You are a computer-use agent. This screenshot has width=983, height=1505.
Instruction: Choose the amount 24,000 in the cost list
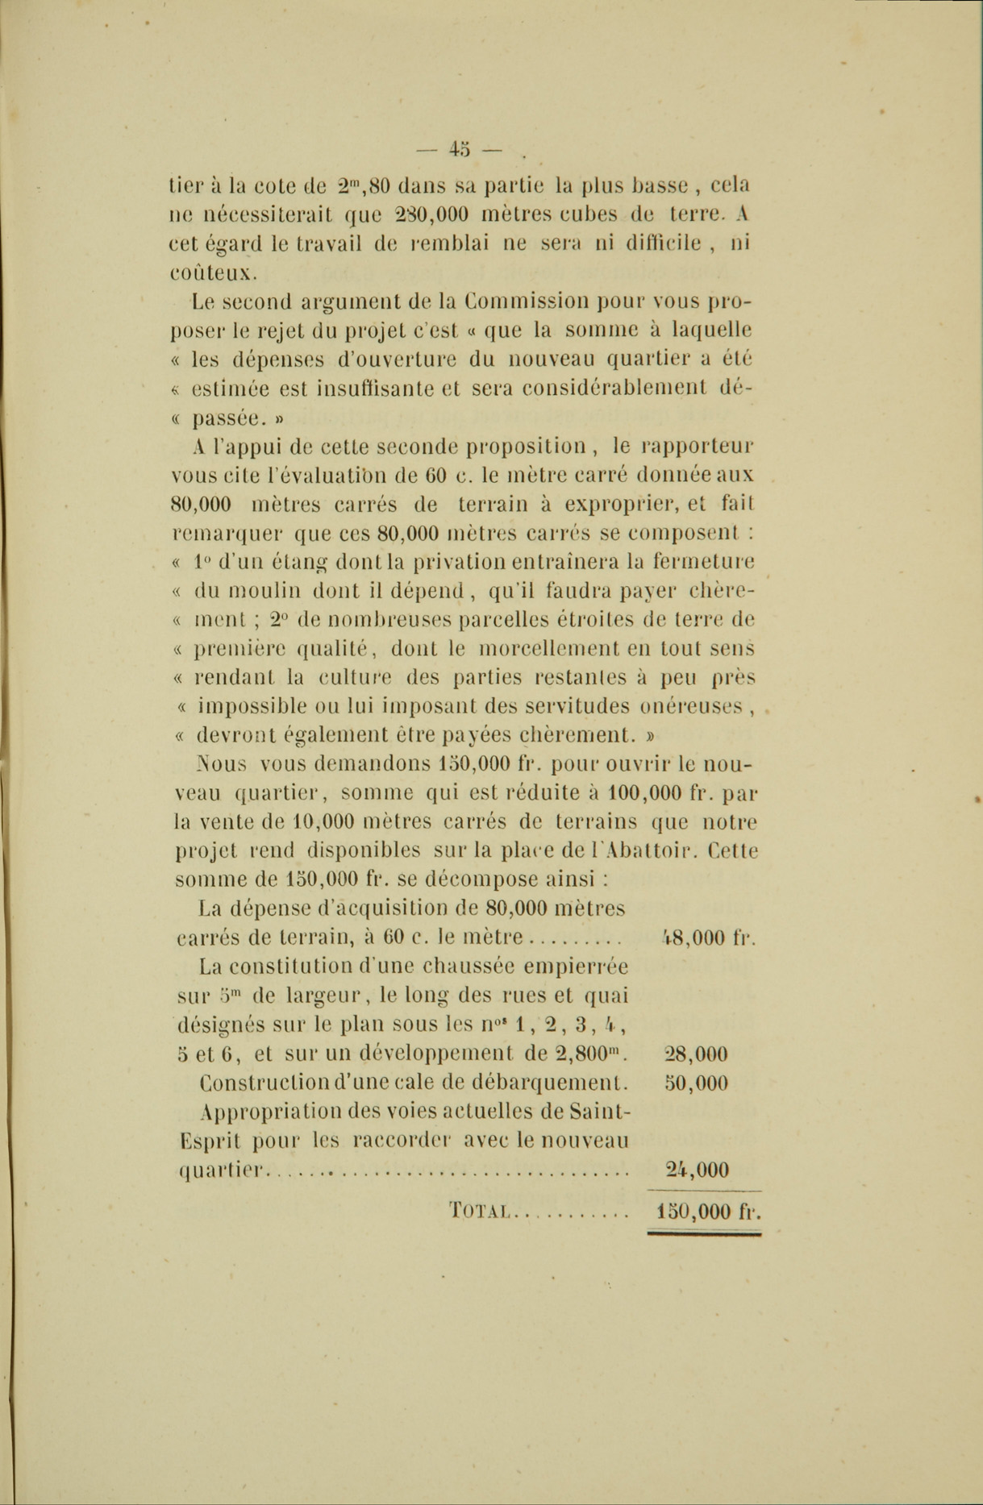(x=697, y=1170)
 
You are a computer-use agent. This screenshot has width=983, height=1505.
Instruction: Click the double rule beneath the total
(x=704, y=1233)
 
